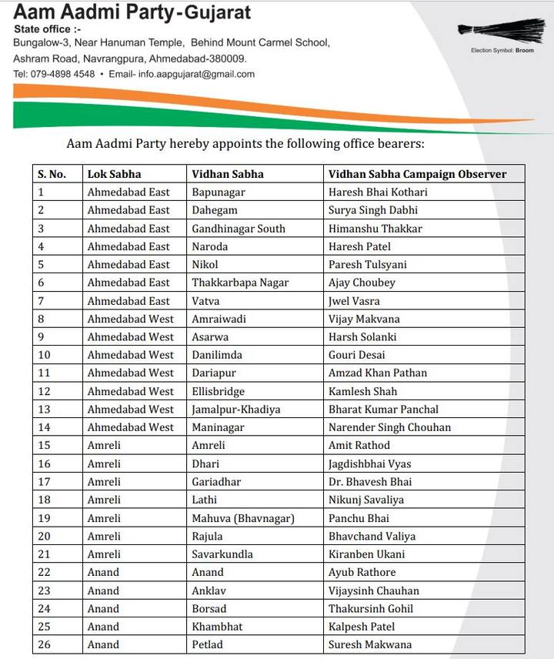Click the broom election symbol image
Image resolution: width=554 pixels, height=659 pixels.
(x=501, y=30)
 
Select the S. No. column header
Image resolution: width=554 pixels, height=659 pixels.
(x=52, y=174)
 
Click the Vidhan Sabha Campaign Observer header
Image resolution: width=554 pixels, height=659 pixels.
(x=417, y=174)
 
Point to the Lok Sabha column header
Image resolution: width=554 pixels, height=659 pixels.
(x=114, y=174)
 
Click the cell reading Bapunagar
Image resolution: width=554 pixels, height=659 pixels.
(x=219, y=192)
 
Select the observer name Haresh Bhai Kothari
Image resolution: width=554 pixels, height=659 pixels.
(x=378, y=192)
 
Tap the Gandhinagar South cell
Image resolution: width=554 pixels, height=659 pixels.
(x=239, y=229)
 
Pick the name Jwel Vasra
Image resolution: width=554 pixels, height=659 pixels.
(x=354, y=300)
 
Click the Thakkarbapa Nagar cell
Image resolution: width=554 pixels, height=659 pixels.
(x=240, y=283)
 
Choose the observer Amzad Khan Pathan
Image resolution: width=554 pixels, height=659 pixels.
(x=378, y=373)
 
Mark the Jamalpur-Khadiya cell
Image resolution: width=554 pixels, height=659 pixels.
(x=236, y=409)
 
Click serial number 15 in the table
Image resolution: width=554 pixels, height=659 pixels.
(x=45, y=445)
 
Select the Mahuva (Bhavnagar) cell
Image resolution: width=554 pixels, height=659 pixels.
(x=243, y=518)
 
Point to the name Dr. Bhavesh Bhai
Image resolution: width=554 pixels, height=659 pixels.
(x=370, y=482)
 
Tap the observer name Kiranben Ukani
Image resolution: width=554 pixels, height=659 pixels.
(x=366, y=554)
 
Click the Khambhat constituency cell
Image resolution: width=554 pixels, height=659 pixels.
(x=217, y=627)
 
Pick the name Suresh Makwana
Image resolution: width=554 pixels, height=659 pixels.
(x=370, y=644)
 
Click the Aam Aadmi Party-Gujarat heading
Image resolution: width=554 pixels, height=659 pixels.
(x=132, y=12)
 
